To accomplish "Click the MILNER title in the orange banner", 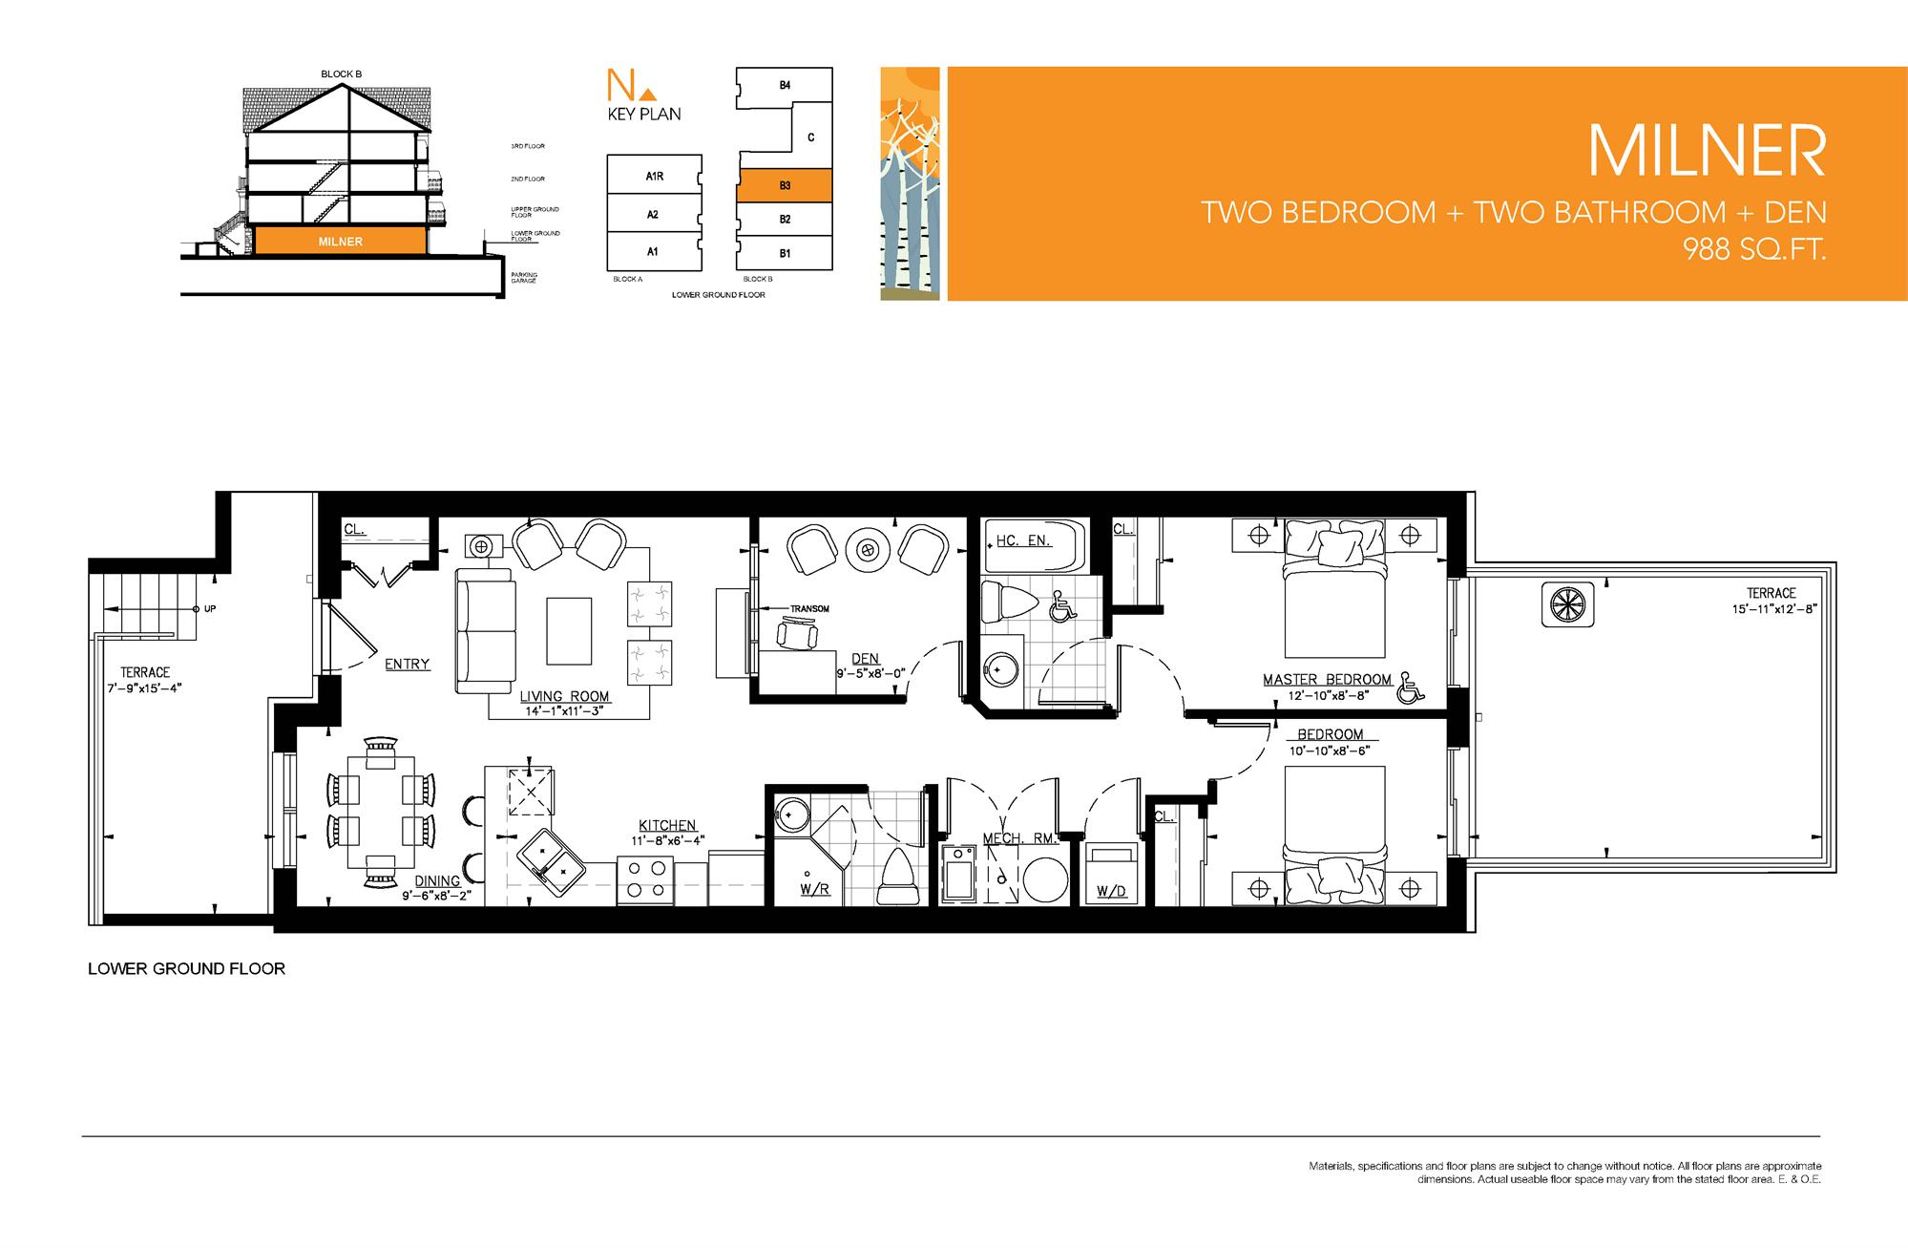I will [1707, 150].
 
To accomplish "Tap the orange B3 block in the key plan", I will [784, 185].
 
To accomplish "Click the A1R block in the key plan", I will [654, 176].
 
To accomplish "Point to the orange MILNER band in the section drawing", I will [340, 242].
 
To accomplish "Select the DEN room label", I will [865, 659].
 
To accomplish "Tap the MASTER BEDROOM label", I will [1327, 679].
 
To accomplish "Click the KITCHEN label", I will [667, 825].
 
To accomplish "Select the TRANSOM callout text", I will [809, 608].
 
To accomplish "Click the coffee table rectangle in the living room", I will [568, 630].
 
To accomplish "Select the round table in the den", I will [867, 550].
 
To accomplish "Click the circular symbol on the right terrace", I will [1568, 604].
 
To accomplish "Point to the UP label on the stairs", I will [210, 608].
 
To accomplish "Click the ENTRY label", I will [407, 664].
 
